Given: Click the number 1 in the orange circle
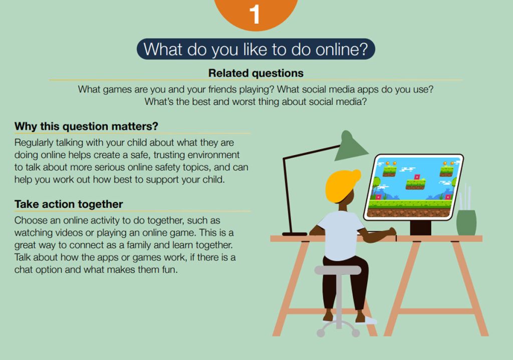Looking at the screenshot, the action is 254,15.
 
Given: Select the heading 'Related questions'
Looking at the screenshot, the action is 256,73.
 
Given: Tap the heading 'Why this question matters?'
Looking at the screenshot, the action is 86,126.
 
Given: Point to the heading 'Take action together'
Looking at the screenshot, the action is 69,204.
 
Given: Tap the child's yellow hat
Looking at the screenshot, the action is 341,185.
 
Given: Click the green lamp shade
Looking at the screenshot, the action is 350,146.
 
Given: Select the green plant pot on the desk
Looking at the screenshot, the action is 466,222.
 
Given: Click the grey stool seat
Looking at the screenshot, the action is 338,270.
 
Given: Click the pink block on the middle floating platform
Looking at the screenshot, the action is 417,177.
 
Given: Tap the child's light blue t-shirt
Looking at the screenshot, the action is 341,235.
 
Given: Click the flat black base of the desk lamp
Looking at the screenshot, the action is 295,234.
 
